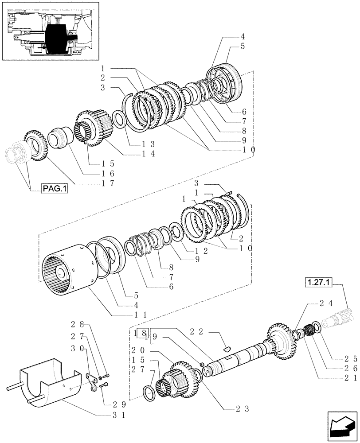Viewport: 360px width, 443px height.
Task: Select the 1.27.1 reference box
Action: coord(319,281)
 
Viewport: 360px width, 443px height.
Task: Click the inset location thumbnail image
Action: coord(50,31)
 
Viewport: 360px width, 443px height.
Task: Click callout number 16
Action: coord(110,173)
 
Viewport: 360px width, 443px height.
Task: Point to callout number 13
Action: coord(136,144)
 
